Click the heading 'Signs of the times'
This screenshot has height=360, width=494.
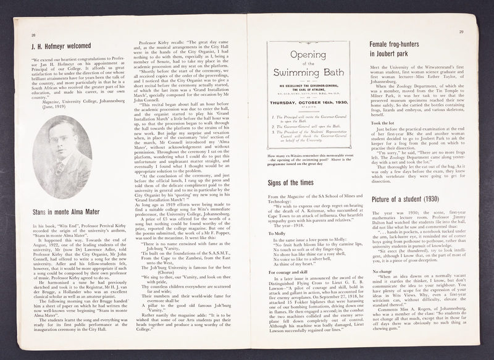point(296,182)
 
